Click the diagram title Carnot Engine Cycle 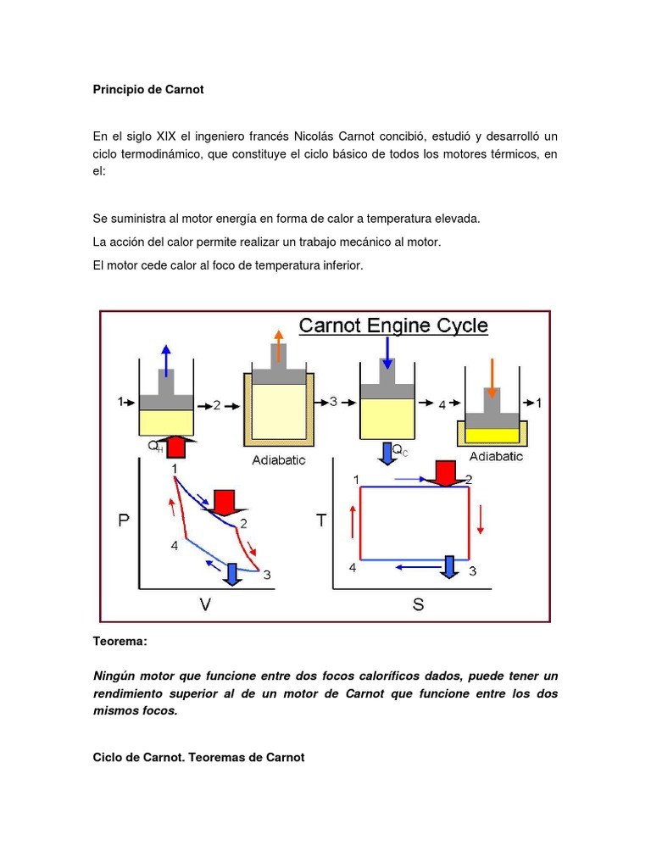[x=393, y=325]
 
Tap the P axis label [x=124, y=521]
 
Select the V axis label [x=205, y=604]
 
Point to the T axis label [x=321, y=520]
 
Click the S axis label [x=418, y=605]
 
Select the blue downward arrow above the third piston [x=387, y=351]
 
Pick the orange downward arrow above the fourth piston [x=492, y=371]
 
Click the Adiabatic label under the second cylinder [x=279, y=460]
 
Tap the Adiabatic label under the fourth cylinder [x=496, y=456]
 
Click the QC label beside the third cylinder [x=400, y=450]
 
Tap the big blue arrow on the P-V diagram [x=231, y=575]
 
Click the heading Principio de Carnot [x=148, y=89]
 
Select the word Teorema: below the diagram [x=120, y=643]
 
